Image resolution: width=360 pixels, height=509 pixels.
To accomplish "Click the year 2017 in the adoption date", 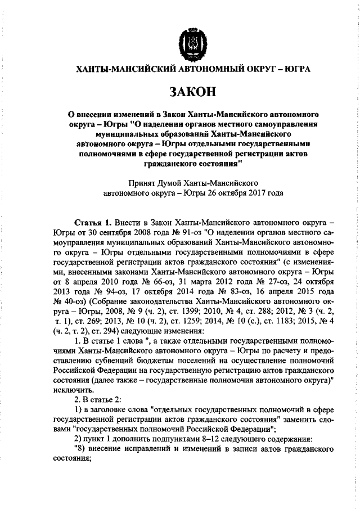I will tap(247, 192).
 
